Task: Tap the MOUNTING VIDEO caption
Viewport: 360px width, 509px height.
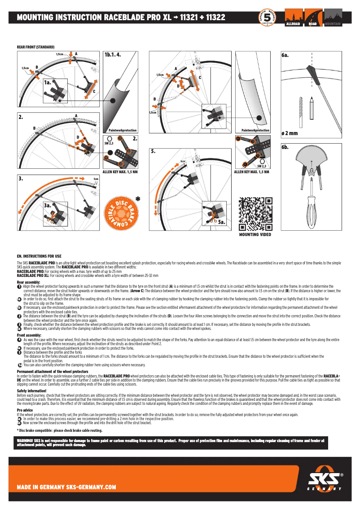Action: (255, 235)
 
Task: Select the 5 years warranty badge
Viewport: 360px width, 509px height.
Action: (268, 18)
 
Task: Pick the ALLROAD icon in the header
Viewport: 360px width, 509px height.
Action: (294, 18)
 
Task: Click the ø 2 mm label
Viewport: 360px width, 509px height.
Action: (290, 134)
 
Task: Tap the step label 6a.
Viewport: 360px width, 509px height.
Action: (285, 55)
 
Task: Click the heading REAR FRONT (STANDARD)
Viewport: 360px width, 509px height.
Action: (35, 47)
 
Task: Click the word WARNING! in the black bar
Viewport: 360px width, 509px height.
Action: (25, 440)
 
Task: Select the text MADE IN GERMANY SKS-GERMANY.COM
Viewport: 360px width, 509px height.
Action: (66, 487)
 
